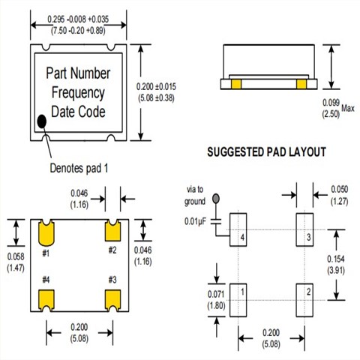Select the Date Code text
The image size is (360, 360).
click(78, 112)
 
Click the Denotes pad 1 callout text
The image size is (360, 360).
click(79, 167)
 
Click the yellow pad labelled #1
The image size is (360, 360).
click(46, 233)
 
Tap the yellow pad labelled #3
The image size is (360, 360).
click(114, 298)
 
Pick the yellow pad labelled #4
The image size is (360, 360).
click(46, 298)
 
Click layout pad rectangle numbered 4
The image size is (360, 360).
click(238, 228)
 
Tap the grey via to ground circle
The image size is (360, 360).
click(216, 199)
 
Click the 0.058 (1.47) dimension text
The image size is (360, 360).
click(14, 262)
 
